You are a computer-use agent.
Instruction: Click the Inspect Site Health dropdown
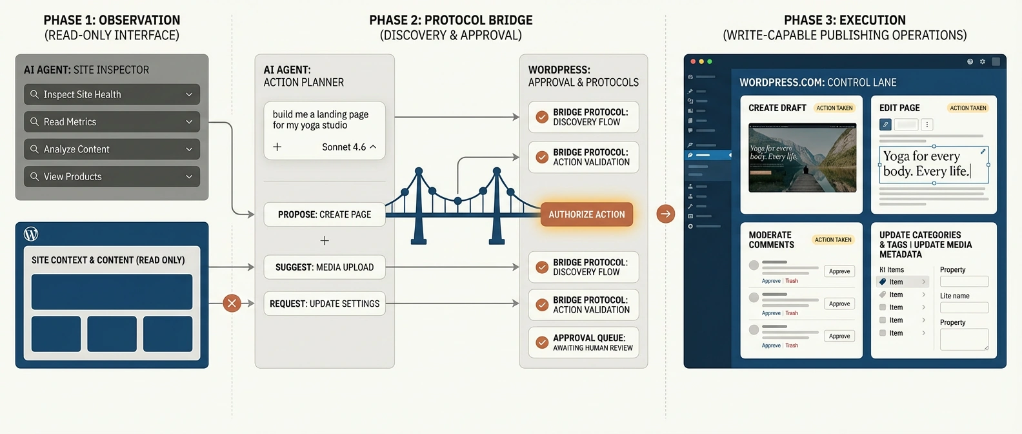pyautogui.click(x=112, y=94)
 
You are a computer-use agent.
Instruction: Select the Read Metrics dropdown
pyautogui.click(x=112, y=121)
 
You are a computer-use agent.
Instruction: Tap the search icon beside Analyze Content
pyautogui.click(x=35, y=149)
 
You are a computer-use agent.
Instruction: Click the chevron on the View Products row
pyautogui.click(x=189, y=176)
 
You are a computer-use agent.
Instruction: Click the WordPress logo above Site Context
pyautogui.click(x=31, y=234)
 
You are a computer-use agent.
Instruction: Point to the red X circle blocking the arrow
pyautogui.click(x=232, y=303)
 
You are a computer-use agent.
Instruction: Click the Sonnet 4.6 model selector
pyautogui.click(x=349, y=147)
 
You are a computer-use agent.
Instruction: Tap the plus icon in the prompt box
pyautogui.click(x=277, y=147)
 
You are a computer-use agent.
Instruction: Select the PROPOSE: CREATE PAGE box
pyautogui.click(x=325, y=214)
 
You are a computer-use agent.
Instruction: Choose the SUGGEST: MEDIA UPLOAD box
pyautogui.click(x=325, y=267)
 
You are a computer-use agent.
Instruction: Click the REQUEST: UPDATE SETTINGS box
pyautogui.click(x=325, y=304)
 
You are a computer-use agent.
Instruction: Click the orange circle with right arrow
pyautogui.click(x=665, y=214)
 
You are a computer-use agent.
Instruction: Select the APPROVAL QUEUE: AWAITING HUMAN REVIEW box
pyautogui.click(x=583, y=342)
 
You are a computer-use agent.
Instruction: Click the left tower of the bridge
pyautogui.click(x=419, y=207)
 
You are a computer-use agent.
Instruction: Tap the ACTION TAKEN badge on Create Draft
pyautogui.click(x=834, y=108)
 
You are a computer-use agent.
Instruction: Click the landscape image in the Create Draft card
pyautogui.click(x=802, y=158)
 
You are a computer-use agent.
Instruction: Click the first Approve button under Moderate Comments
pyautogui.click(x=839, y=271)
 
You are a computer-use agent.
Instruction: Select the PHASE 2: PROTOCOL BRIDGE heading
pyautogui.click(x=450, y=20)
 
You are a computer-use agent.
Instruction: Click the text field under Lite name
pyautogui.click(x=964, y=308)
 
